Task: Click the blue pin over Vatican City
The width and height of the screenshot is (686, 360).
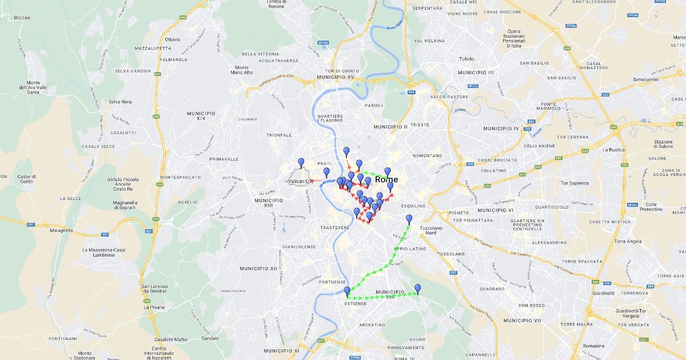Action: tap(301, 163)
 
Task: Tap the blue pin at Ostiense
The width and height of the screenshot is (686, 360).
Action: tap(347, 291)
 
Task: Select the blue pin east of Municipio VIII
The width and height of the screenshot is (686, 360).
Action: tap(418, 289)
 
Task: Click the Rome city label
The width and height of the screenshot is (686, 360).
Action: tap(386, 179)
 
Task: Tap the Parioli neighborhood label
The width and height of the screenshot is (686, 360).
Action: tap(374, 106)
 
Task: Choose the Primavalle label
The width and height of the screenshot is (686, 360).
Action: tap(224, 159)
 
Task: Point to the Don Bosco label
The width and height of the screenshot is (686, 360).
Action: tap(516, 305)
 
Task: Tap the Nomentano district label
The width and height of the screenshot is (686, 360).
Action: tap(428, 155)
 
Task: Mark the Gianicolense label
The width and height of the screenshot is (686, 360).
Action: tap(300, 247)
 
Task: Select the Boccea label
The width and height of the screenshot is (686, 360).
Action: tap(22, 18)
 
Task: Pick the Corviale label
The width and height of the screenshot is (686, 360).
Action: tap(210, 338)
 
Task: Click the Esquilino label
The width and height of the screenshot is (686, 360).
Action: tap(413, 206)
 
